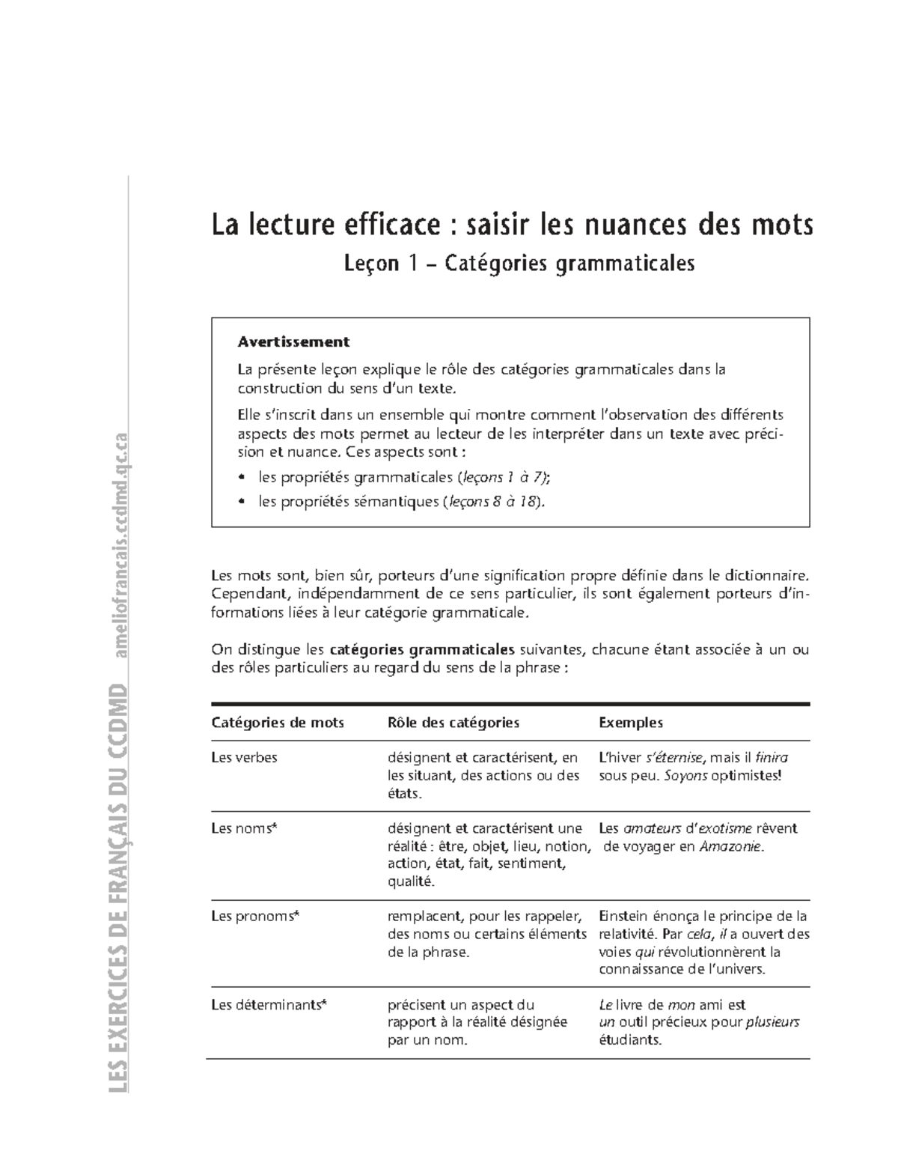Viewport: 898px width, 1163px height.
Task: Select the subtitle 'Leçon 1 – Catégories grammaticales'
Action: pos(519,264)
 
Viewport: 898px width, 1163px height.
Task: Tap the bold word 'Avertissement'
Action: pos(293,342)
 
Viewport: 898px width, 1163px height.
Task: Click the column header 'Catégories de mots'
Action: pos(278,723)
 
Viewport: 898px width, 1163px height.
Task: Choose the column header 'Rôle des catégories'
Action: pos(453,723)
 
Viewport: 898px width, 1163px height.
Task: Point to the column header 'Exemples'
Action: pos(631,723)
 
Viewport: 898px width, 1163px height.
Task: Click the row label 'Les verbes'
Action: pos(245,757)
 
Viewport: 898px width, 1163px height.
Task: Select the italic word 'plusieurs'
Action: pos(773,1023)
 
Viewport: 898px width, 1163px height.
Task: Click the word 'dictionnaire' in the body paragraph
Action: pos(763,576)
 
